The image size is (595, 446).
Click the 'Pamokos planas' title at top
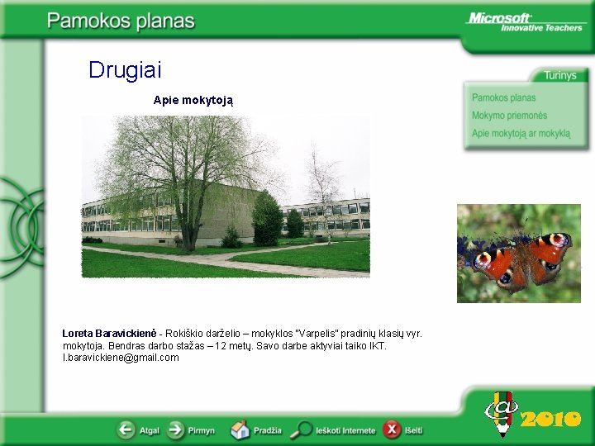point(121,21)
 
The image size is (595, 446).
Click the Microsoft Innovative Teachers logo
point(525,21)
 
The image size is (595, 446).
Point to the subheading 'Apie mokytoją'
point(193,100)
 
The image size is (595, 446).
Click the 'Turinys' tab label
point(559,75)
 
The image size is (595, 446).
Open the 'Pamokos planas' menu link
point(503,97)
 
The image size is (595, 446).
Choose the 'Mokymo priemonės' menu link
point(509,116)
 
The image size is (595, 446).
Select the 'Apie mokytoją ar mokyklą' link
point(521,133)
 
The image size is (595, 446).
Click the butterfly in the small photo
point(521,259)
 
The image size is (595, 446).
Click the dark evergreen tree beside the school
point(266,219)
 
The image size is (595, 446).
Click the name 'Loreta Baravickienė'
point(110,334)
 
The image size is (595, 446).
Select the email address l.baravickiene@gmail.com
point(121,358)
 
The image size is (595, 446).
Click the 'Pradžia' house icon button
point(240,430)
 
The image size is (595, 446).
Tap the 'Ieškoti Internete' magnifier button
point(303,430)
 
